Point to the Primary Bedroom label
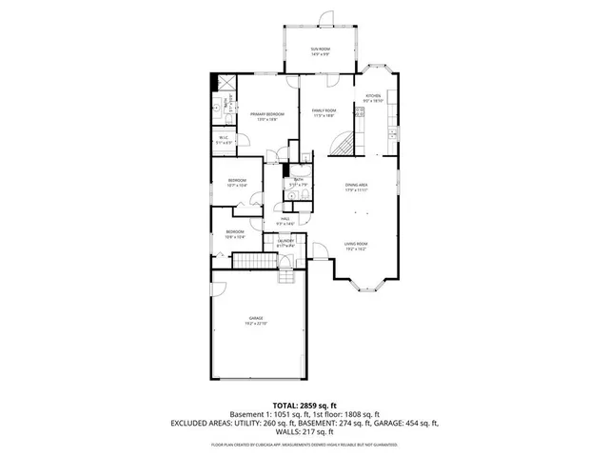coord(264,115)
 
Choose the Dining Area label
coord(357,186)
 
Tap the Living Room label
coord(356,246)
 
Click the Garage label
coord(256,320)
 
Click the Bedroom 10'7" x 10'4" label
coord(237,182)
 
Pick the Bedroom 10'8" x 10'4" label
coord(235,233)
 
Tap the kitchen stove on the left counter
coord(359,113)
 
